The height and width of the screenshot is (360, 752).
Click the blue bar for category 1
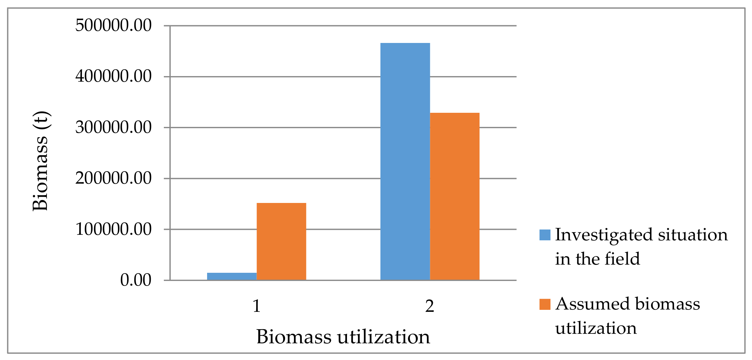point(232,276)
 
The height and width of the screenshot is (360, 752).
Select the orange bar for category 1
point(281,241)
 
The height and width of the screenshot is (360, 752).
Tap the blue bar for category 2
point(405,161)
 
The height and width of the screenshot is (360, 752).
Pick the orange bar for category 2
point(454,196)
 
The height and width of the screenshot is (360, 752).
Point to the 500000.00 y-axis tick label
point(113,25)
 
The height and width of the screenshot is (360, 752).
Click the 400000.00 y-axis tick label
point(113,76)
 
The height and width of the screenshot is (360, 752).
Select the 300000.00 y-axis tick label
point(113,127)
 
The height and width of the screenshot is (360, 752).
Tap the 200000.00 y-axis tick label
point(113,178)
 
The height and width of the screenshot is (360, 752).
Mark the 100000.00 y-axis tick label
point(113,229)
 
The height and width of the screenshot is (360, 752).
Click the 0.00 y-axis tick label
point(136,280)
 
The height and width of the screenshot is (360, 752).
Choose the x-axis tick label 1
point(257,306)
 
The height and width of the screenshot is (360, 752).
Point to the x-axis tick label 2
point(430,306)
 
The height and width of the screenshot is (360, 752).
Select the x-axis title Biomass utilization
point(343,337)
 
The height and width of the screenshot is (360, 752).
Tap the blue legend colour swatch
point(545,235)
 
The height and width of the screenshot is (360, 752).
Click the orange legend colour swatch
point(545,304)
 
